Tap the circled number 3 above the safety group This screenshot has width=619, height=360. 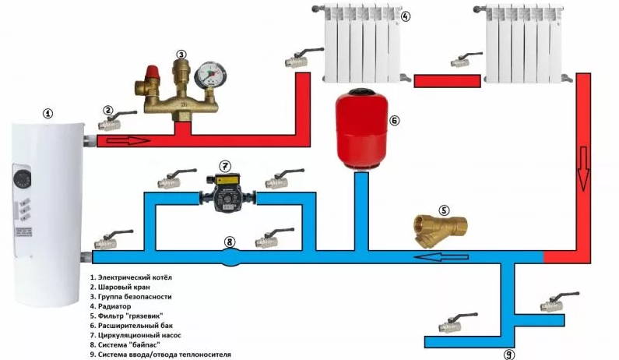181,55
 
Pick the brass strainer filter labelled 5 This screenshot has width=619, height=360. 435,231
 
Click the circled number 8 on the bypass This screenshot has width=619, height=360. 229,242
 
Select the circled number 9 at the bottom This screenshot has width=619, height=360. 509,353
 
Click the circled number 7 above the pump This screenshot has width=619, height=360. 225,165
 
